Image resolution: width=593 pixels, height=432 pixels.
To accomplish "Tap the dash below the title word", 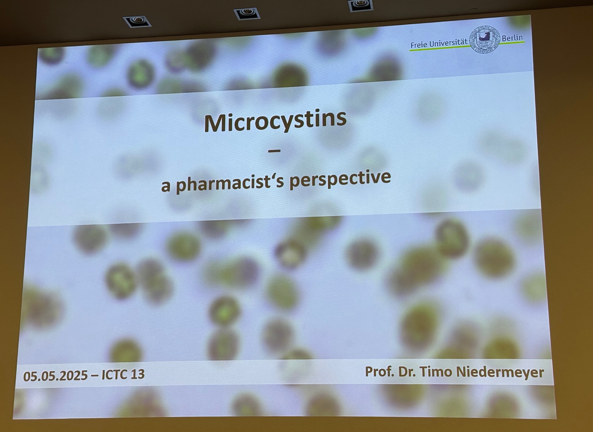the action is point(274,151).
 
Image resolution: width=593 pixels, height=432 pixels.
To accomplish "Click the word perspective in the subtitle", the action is point(340,179).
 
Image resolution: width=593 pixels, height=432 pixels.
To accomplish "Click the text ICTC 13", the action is point(123,375).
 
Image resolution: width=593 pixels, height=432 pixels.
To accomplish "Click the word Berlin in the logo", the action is point(512,38).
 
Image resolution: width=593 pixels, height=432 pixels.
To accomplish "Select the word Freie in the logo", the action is point(419,45).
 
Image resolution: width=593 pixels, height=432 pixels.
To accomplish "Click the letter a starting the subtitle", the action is point(166,187).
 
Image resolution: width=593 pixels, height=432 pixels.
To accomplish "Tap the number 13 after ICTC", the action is point(137,374).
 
